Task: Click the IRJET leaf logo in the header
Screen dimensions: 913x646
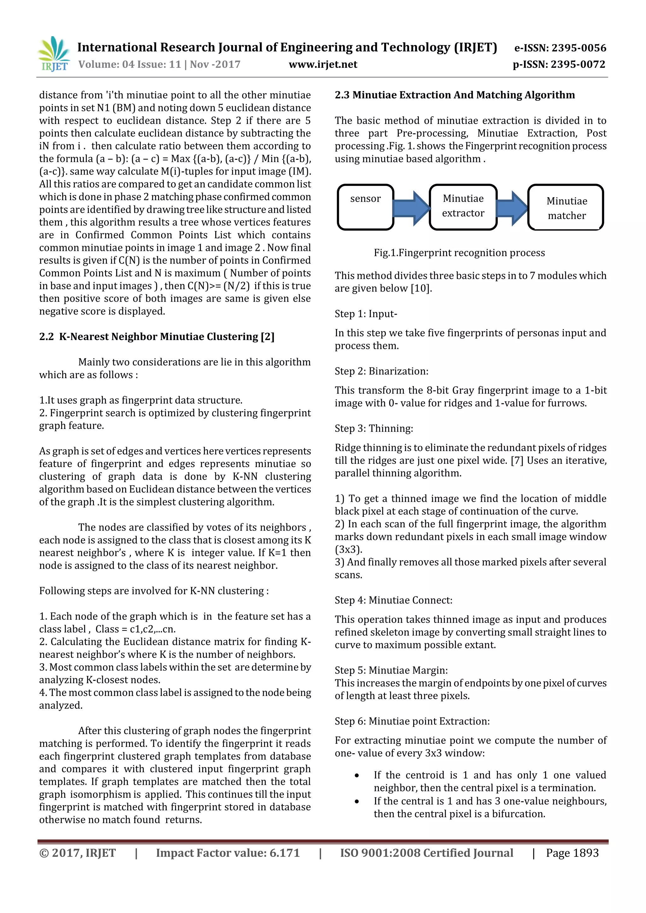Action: (x=53, y=53)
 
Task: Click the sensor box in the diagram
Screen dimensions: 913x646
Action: (x=365, y=207)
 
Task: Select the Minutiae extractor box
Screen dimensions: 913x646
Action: (x=463, y=207)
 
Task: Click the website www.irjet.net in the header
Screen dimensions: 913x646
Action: (x=323, y=64)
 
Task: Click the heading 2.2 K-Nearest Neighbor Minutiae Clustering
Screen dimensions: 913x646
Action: (x=157, y=337)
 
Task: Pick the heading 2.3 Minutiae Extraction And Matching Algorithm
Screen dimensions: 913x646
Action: (x=455, y=95)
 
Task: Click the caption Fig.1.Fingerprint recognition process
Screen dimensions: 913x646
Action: (x=459, y=253)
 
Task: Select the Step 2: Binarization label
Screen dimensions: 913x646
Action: (x=381, y=371)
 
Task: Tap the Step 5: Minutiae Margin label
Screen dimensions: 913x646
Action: (x=391, y=670)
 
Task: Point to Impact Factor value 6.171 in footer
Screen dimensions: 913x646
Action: (x=228, y=852)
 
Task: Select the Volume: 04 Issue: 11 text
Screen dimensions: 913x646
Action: (x=130, y=64)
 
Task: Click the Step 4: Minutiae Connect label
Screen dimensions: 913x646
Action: (x=393, y=600)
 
